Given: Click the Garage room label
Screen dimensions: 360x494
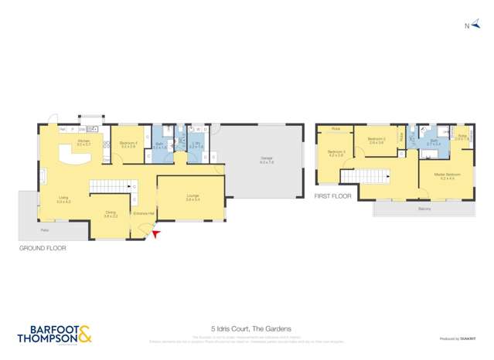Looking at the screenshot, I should pos(267,160).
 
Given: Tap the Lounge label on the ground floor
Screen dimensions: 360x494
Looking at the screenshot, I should pos(192,197).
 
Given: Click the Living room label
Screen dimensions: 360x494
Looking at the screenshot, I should pos(63,199).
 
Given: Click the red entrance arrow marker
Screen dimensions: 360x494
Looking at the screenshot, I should pos(158,233).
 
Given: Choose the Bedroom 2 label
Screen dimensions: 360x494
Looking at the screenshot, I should pos(376,140).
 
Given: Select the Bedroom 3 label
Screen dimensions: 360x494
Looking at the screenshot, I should pos(336,151).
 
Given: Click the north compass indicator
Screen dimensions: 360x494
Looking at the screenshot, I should pos(470,26).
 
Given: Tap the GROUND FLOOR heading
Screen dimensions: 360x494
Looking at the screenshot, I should pos(42,249).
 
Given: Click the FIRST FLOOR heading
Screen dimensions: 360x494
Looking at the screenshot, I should pos(332,196).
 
